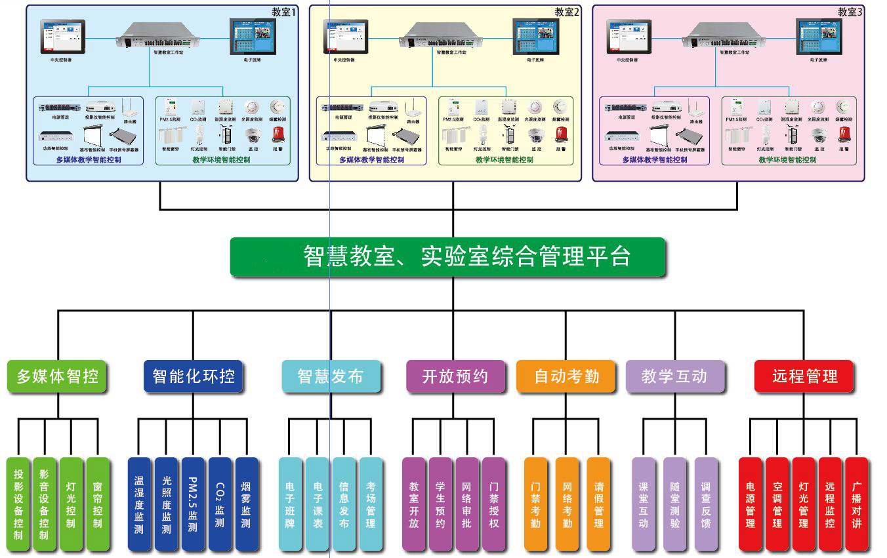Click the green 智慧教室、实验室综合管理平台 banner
pyautogui.click(x=448, y=256)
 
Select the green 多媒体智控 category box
pyautogui.click(x=57, y=376)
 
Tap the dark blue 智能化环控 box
pyautogui.click(x=194, y=376)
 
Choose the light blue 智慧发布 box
pyautogui.click(x=331, y=376)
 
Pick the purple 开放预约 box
pyautogui.click(x=455, y=376)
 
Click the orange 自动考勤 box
pyautogui.click(x=567, y=376)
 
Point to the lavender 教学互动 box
pyautogui.click(x=674, y=376)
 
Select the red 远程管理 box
pyautogui.click(x=804, y=376)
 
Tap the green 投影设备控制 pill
pyautogui.click(x=18, y=504)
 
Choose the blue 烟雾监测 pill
pyautogui.click(x=247, y=504)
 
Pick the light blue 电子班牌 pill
pyautogui.click(x=291, y=504)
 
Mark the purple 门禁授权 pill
pyautogui.click(x=493, y=504)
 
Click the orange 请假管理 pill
pyautogui.click(x=598, y=504)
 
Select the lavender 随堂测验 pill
pyautogui.click(x=674, y=504)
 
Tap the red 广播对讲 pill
pyautogui.click(x=856, y=504)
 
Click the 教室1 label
pyautogui.click(x=283, y=12)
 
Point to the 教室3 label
pyautogui.click(x=850, y=12)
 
